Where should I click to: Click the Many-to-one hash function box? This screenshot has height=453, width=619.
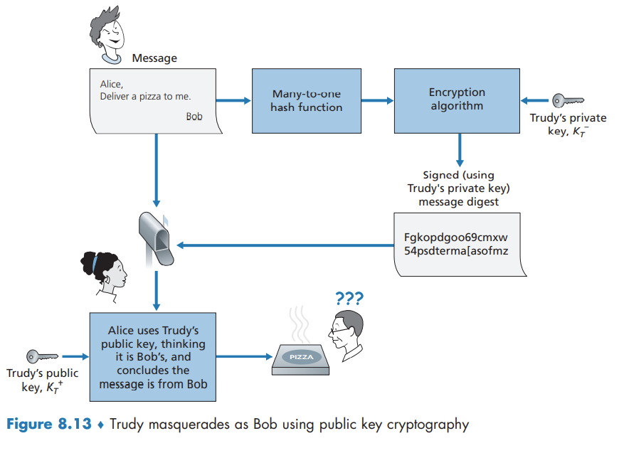[x=307, y=100]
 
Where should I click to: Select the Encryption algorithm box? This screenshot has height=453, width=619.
[x=456, y=100]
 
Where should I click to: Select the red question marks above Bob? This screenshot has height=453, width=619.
[x=348, y=298]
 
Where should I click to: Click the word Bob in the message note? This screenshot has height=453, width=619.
[x=194, y=117]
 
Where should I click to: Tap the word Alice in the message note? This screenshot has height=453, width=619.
[x=111, y=84]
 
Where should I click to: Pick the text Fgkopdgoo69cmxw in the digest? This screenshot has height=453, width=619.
[x=450, y=236]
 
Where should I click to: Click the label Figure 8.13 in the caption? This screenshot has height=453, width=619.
[x=49, y=425]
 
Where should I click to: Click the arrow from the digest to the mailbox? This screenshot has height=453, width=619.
[x=285, y=245]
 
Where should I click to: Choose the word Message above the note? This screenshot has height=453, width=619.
[x=154, y=58]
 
